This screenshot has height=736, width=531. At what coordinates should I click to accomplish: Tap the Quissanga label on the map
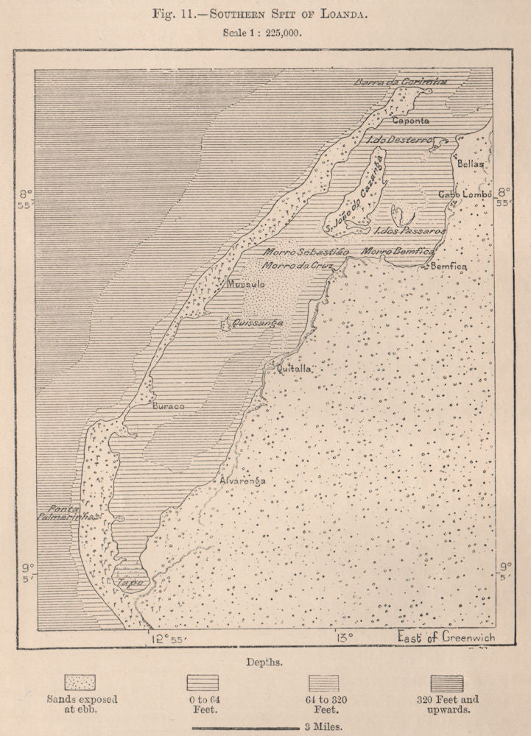pos(257,322)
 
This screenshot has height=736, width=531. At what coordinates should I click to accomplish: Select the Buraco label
pos(168,406)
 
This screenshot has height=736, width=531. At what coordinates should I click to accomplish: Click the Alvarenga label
pos(242,481)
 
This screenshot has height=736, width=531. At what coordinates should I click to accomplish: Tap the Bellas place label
pos(471,164)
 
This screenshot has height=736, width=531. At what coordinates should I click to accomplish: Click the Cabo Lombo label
pos(460,194)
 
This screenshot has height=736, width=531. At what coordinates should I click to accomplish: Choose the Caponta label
pos(411,119)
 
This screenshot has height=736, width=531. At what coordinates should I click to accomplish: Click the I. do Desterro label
pos(398,139)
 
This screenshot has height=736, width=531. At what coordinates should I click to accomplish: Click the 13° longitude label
pos(345,637)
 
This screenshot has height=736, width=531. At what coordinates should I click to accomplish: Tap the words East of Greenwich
pos(446,637)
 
